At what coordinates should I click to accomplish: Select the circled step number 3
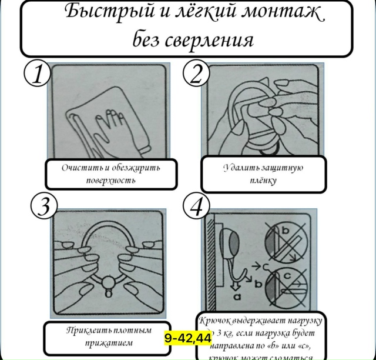[43, 206]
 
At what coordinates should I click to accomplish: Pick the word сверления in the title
[211, 41]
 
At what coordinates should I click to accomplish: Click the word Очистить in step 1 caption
[82, 168]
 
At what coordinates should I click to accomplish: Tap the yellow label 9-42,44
[188, 338]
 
